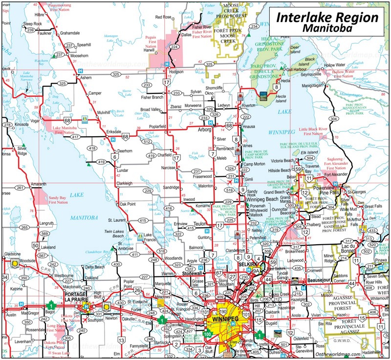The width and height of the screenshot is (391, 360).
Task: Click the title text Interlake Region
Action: [x=327, y=18]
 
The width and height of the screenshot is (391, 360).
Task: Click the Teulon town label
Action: [x=200, y=224]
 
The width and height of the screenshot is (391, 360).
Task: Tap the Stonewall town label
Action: [x=192, y=274]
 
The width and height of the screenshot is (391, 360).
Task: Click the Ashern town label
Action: [x=86, y=78]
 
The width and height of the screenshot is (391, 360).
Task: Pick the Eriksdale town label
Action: [x=113, y=132]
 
